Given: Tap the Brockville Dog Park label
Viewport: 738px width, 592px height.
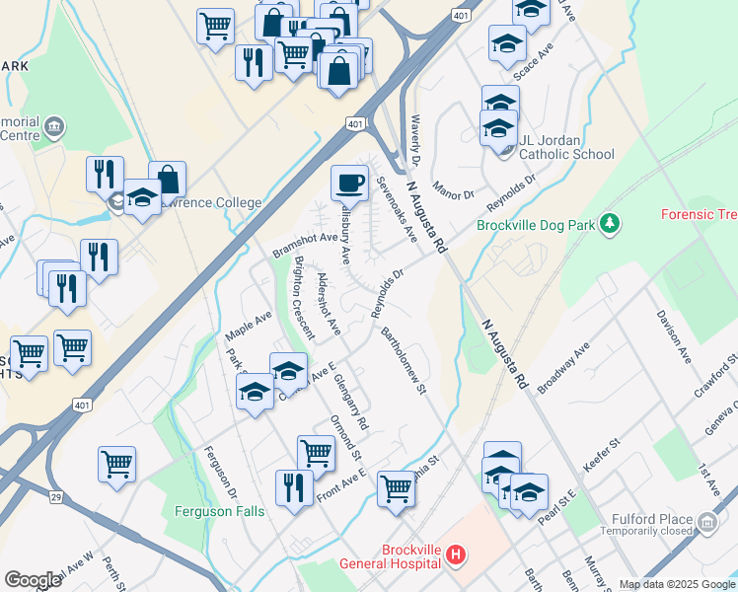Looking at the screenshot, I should [x=536, y=225].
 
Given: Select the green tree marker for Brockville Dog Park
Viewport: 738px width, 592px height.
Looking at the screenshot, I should [x=611, y=224].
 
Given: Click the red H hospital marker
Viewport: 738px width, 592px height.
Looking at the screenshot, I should [x=455, y=556].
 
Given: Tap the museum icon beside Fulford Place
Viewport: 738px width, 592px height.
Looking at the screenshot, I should [x=707, y=522].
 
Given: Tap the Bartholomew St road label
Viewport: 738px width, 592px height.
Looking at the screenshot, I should [x=405, y=361].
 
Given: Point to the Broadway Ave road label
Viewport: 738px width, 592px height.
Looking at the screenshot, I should [x=563, y=365].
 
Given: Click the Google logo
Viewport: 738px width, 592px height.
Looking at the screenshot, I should [x=34, y=580].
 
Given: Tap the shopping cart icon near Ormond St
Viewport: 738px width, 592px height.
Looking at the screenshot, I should [x=316, y=454].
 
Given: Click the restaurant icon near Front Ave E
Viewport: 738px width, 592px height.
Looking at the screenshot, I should [x=294, y=487].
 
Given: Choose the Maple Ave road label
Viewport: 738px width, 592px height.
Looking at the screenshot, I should [x=248, y=323].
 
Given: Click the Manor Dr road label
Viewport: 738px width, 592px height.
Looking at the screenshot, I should [x=454, y=186].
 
